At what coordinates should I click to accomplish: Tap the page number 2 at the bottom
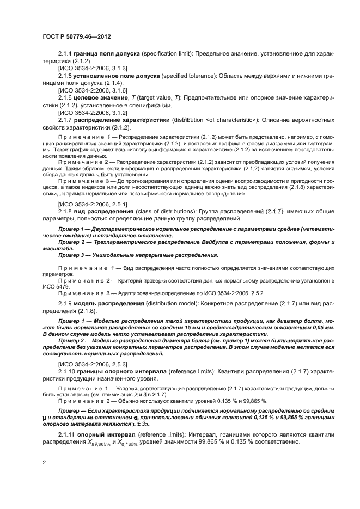point(44,462)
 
